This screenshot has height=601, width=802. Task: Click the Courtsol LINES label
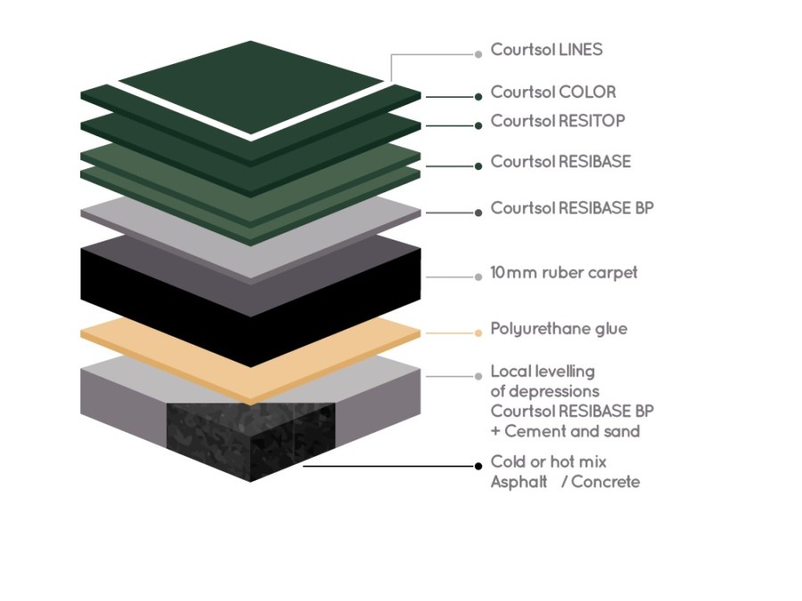point(546,50)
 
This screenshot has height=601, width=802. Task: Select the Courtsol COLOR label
point(552,92)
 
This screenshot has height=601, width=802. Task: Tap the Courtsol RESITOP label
point(558,121)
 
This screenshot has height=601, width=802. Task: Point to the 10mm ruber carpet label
point(564,272)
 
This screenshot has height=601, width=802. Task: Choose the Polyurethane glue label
point(559,329)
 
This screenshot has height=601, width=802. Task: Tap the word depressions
point(544,391)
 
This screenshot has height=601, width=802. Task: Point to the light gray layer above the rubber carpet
point(250,233)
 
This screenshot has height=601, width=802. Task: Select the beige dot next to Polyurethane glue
point(479,333)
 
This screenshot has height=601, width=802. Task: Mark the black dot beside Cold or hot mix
point(479,467)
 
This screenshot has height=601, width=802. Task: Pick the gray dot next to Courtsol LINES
point(479,53)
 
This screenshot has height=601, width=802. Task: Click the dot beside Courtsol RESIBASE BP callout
point(479,213)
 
